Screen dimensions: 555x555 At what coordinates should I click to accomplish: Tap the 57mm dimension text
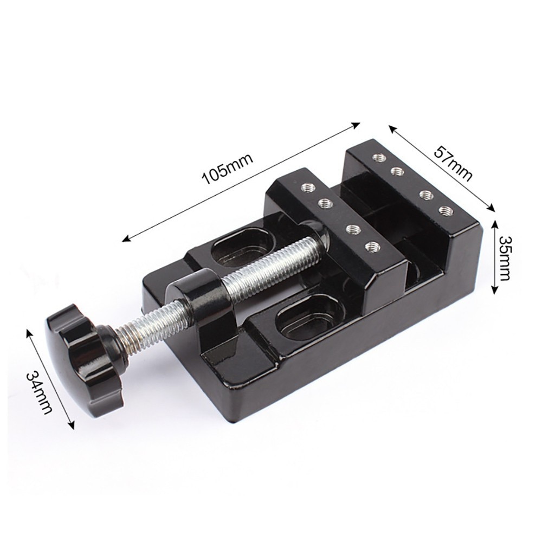point(453,163)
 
